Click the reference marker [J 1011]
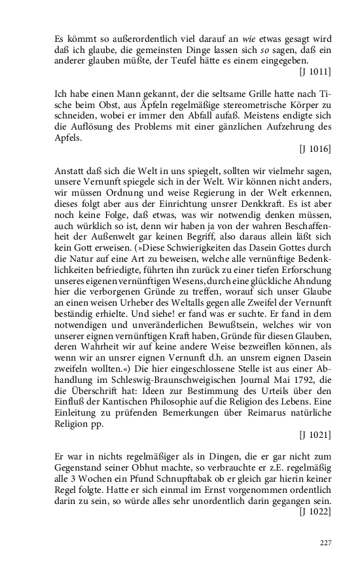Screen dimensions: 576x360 click(314, 70)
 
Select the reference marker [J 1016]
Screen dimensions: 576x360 click(314, 149)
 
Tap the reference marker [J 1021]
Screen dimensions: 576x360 click(314, 434)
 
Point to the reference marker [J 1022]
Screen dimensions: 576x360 click(314, 513)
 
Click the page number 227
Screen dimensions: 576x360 click(325, 543)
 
